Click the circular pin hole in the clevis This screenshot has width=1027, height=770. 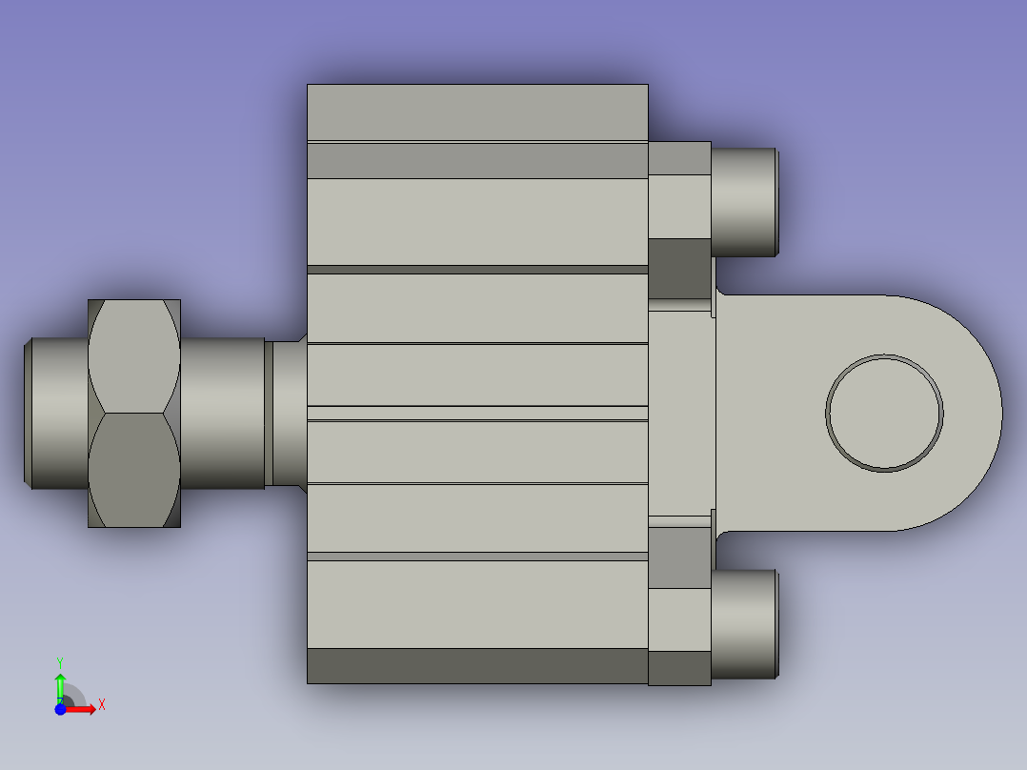[x=884, y=413]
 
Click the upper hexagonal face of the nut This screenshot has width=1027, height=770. [x=134, y=355]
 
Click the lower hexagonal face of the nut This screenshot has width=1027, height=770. [x=134, y=469]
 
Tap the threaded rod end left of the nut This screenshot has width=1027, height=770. [x=55, y=413]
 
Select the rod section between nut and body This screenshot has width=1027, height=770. [x=221, y=413]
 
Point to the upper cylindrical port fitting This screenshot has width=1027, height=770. [x=744, y=201]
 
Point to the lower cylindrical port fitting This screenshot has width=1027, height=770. [x=744, y=623]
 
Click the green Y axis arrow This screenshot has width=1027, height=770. [x=60, y=684]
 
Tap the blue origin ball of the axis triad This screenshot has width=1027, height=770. [x=60, y=709]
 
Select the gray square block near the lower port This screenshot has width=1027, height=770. [x=679, y=557]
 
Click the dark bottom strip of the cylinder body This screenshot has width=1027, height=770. [x=476, y=665]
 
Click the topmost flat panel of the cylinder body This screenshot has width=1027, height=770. [x=476, y=111]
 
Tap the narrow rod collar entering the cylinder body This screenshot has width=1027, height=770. [x=288, y=413]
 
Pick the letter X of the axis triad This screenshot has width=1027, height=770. [x=102, y=705]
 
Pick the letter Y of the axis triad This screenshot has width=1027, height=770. [x=60, y=660]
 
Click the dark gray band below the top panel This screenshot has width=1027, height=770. [x=476, y=161]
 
